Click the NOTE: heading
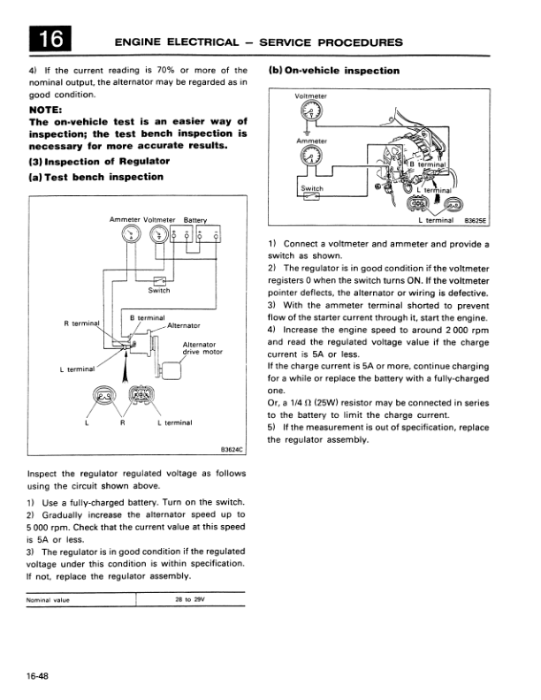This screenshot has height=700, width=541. pos(49,110)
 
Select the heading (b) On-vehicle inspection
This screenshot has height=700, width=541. pos(333,71)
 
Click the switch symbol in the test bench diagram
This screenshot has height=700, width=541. pos(159,280)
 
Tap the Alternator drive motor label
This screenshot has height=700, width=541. pos(200,348)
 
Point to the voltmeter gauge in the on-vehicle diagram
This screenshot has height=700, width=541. pos(309,112)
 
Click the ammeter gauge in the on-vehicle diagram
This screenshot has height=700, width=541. pos(309,156)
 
